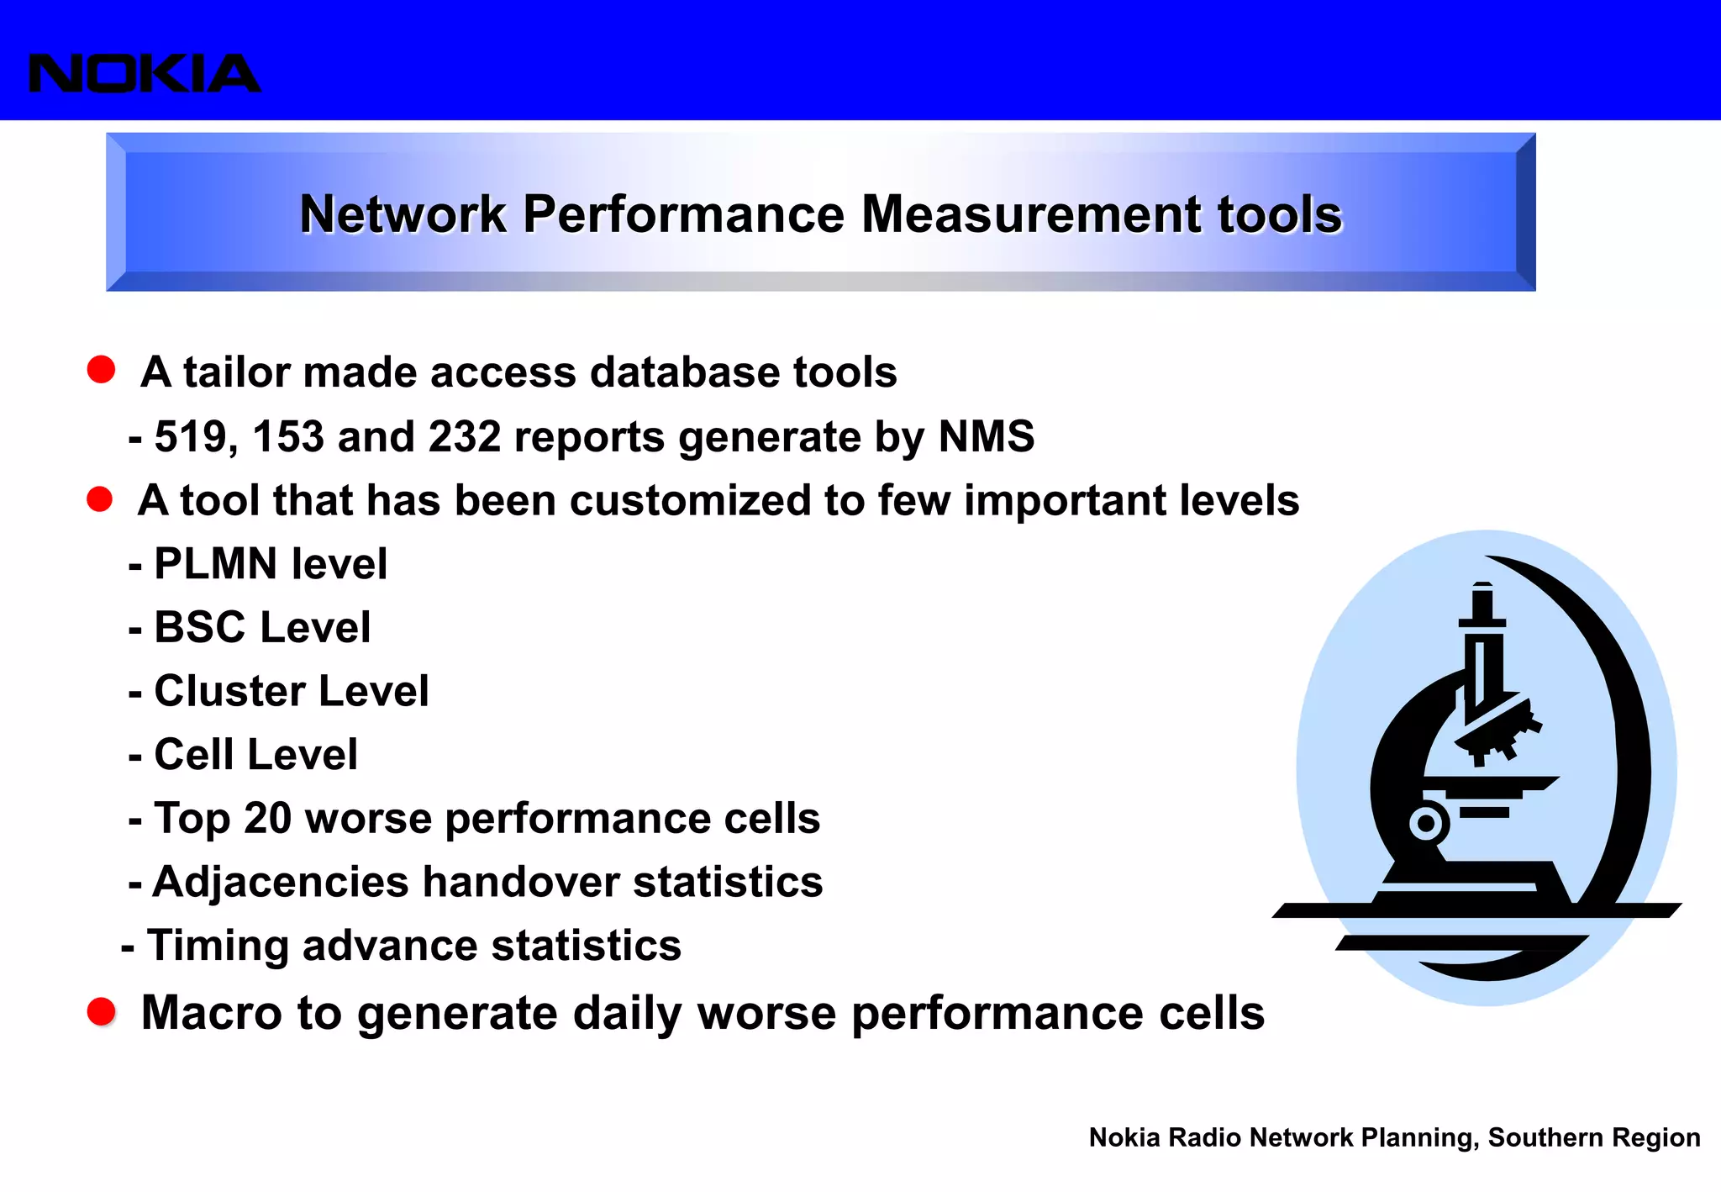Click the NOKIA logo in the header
point(145,73)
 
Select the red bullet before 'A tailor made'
point(101,370)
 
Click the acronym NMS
point(986,436)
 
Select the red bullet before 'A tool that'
point(100,499)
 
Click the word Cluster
point(229,691)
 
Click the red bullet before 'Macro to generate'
point(102,1011)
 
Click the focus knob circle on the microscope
point(1426,823)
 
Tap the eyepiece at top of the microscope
point(1483,602)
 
